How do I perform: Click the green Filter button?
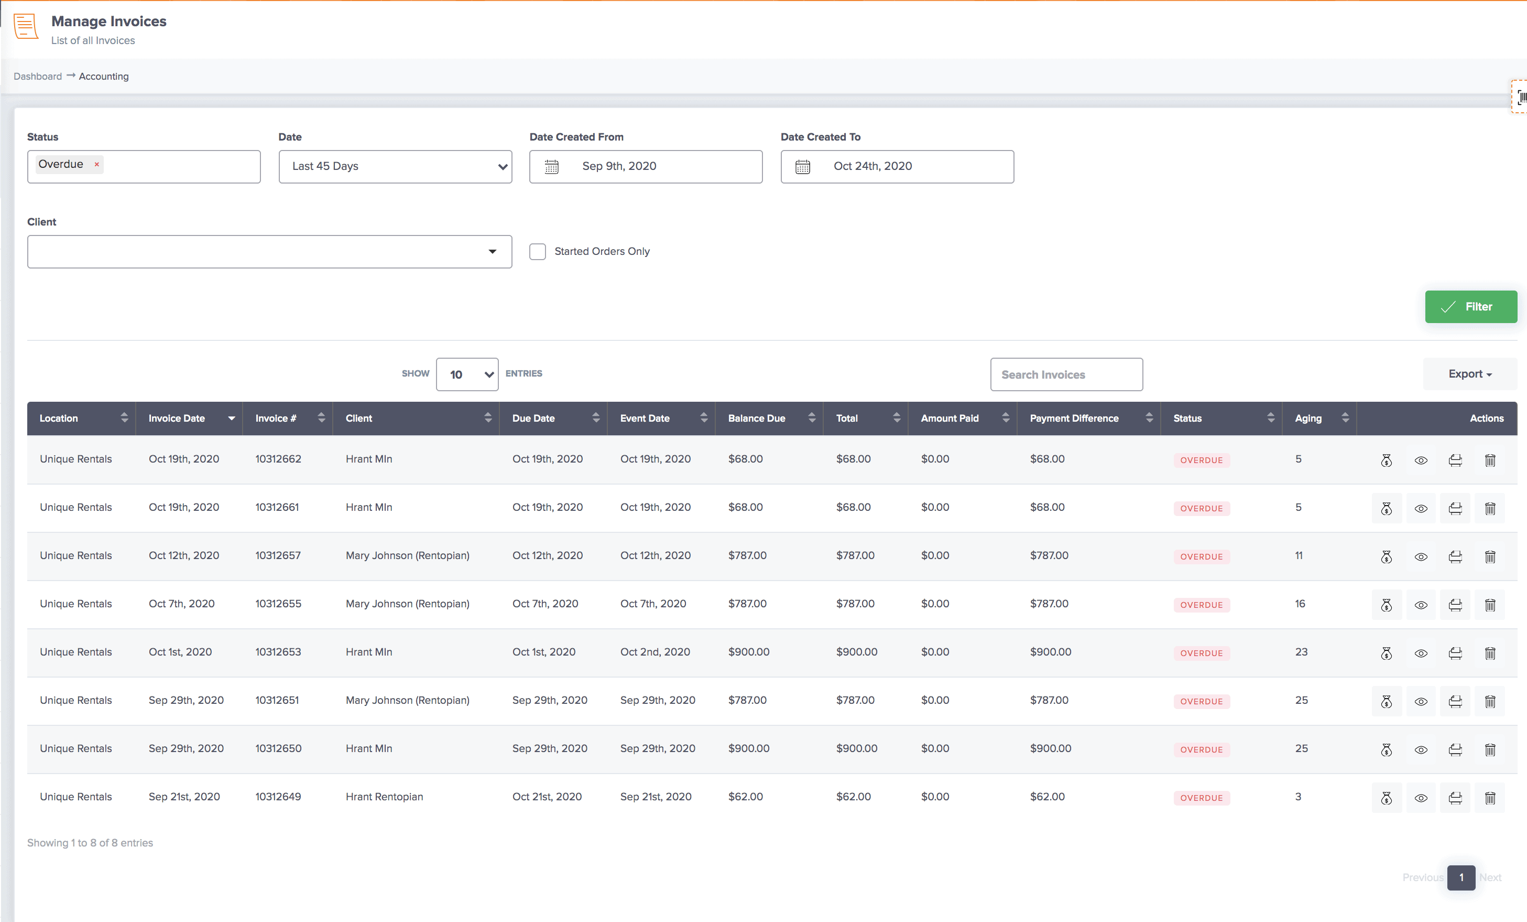(x=1470, y=307)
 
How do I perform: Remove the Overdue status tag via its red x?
(x=96, y=164)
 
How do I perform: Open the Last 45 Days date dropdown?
(x=395, y=166)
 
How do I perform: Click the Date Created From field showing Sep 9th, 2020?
(x=646, y=166)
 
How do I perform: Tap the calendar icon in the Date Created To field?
(x=803, y=167)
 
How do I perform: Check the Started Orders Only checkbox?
(x=537, y=251)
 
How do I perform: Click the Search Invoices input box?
(x=1066, y=374)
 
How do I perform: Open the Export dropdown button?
(x=1469, y=374)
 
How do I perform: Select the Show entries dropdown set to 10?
(x=467, y=374)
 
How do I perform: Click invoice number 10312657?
(x=278, y=555)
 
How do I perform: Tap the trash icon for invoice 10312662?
(x=1490, y=460)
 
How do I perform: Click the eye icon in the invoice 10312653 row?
(x=1421, y=653)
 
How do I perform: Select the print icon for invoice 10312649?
(x=1455, y=798)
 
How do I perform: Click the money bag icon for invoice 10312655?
(x=1387, y=605)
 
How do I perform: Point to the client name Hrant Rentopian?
(x=384, y=797)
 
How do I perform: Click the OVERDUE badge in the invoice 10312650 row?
(x=1201, y=749)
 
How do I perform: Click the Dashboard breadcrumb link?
(x=38, y=76)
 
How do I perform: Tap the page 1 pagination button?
(x=1460, y=877)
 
